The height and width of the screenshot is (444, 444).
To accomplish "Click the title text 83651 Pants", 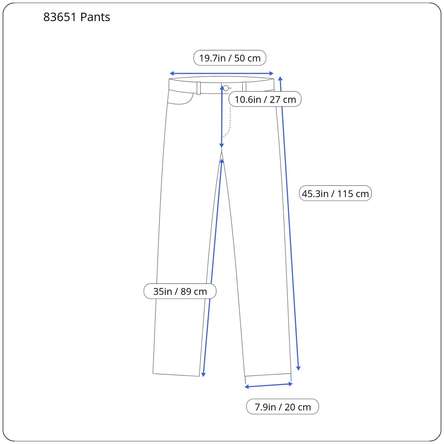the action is coord(77,17).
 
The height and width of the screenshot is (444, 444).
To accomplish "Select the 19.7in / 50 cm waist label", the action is coord(230,58).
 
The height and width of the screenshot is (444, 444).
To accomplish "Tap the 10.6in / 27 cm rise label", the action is coord(265,99).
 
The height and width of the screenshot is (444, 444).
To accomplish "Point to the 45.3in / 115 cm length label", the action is coord(335,193).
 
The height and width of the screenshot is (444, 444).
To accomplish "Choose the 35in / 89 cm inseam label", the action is coord(180,291).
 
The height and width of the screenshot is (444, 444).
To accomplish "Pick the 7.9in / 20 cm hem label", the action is coord(282,407).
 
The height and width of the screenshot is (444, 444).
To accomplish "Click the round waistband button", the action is coord(226,88).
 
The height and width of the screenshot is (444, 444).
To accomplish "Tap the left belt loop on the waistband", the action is coord(199,88).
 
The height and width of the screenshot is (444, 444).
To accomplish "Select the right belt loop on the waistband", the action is coord(244,87).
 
